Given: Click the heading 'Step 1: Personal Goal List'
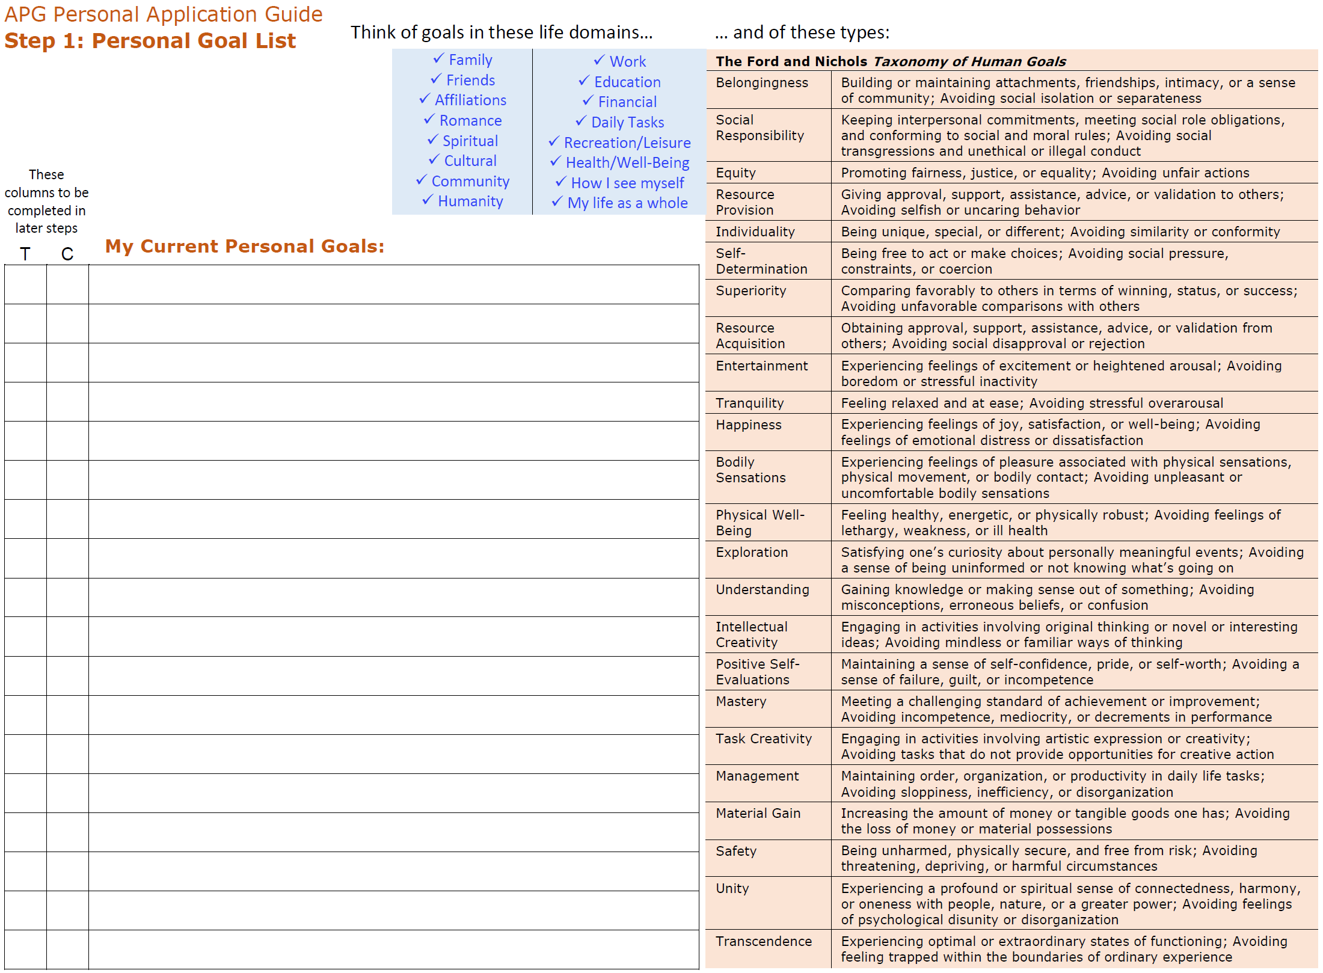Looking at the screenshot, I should click(x=150, y=41).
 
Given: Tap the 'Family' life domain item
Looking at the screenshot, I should click(x=470, y=60).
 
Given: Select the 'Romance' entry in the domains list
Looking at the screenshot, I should click(x=470, y=121).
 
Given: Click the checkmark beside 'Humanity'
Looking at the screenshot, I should click(x=428, y=200).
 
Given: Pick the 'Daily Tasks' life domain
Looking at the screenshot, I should click(x=627, y=123).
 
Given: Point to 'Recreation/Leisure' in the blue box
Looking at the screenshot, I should click(x=627, y=143).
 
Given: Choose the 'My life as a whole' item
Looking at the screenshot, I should click(x=627, y=203).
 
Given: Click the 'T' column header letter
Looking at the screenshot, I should click(x=25, y=254).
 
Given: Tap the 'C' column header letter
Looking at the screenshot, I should click(x=67, y=254).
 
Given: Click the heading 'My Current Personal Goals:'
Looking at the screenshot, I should click(x=245, y=247).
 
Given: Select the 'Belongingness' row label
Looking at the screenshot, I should click(x=762, y=83).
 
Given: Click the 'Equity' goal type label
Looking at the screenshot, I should click(x=735, y=173).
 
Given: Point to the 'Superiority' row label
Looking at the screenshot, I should click(x=751, y=291).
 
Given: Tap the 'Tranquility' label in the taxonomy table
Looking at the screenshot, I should click(x=750, y=404).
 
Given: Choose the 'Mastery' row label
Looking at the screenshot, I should click(x=741, y=702).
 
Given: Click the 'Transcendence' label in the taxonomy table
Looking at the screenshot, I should click(x=764, y=942).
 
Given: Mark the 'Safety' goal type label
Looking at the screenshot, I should click(x=736, y=852).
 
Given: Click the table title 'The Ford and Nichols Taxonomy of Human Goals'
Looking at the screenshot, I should click(x=891, y=61).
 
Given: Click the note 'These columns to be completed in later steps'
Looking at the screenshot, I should click(x=47, y=201).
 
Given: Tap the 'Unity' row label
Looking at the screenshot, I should click(x=732, y=889).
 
